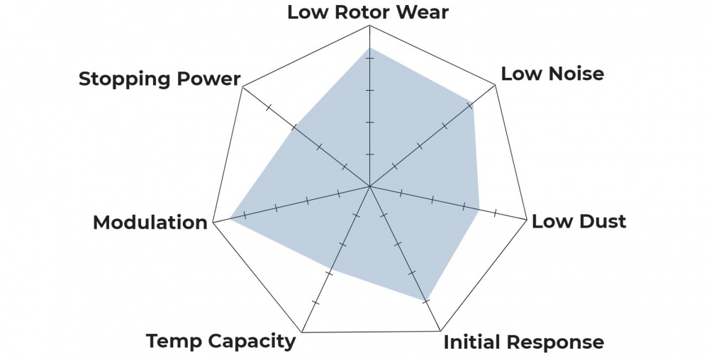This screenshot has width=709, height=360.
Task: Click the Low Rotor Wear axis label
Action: click(368, 12)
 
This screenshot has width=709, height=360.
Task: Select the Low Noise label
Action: click(552, 73)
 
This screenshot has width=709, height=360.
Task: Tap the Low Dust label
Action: click(579, 221)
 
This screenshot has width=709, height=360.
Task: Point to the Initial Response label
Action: click(524, 342)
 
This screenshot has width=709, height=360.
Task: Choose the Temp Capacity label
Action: click(220, 341)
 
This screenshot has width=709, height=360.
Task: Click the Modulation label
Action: click(150, 223)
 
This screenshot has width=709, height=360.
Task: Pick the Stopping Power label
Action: click(160, 79)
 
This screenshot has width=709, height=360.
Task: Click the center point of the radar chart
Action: click(369, 187)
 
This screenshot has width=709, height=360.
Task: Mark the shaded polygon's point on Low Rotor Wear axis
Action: click(369, 47)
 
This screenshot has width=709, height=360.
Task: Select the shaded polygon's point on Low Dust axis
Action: click(480, 209)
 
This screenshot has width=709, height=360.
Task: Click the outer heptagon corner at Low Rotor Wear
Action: click(369, 25)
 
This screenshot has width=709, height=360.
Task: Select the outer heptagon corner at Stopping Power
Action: click(242, 87)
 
